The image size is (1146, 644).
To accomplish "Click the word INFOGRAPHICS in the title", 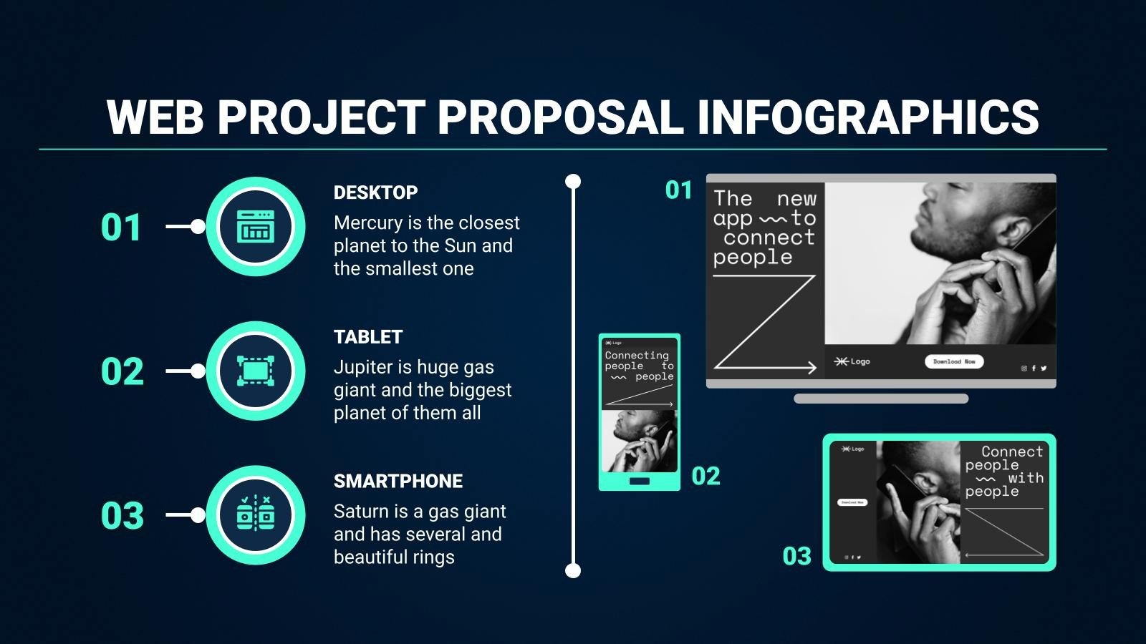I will [867, 117].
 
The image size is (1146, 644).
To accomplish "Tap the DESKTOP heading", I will [375, 192].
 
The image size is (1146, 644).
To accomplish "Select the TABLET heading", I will [368, 337].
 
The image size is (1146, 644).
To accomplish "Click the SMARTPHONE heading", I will [398, 482].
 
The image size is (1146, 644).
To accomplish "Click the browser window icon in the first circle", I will [256, 227].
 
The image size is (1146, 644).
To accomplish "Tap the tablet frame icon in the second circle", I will [256, 371].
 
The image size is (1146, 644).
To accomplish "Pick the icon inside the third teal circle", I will [256, 514].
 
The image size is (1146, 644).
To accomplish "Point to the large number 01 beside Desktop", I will [121, 228].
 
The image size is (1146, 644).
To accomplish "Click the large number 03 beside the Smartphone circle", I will [122, 516].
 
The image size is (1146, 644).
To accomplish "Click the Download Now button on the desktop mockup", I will [954, 362].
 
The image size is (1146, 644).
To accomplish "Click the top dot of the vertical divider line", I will [573, 182].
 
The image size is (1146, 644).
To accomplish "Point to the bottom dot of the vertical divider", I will [573, 570].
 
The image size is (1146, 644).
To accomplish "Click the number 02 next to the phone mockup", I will [706, 477].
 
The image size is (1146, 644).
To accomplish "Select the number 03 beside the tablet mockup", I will [796, 557].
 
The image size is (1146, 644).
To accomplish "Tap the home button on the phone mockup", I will [639, 482].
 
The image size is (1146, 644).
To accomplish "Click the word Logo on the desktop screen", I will [860, 362].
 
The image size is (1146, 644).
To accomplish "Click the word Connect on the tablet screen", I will [1012, 452].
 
